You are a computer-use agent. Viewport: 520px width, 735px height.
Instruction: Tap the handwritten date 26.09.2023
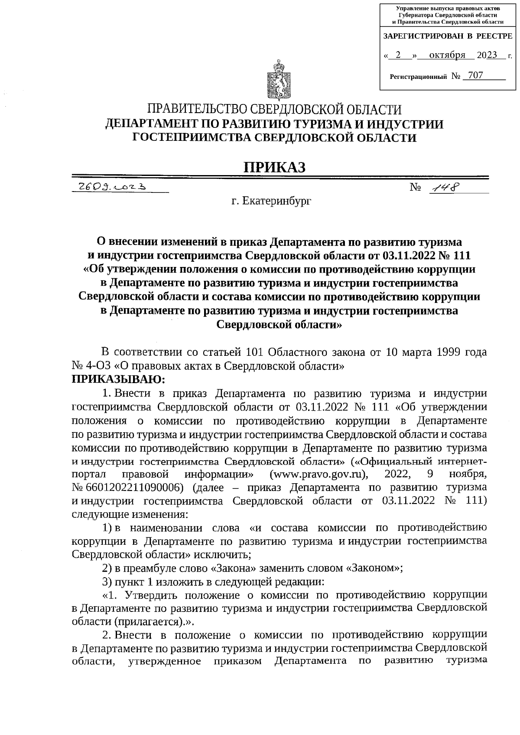(x=111, y=187)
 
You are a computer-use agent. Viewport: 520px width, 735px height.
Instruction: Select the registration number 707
(x=475, y=75)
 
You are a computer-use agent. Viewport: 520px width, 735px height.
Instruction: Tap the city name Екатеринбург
(x=271, y=201)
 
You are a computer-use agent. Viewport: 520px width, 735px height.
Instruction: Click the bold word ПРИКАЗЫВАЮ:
(x=118, y=380)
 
